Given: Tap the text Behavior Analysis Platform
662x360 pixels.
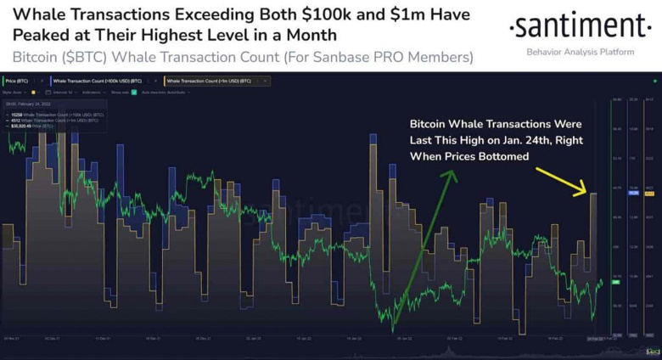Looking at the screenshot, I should coord(580,52).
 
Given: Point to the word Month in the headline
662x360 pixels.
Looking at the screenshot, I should coord(311,35).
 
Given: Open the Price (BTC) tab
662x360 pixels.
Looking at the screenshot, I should coord(17,81).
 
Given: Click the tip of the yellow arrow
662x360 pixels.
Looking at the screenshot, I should coord(585,189).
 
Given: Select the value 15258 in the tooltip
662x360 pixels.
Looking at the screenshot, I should coord(15,115).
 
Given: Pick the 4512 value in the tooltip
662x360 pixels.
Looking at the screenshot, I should coord(14,120).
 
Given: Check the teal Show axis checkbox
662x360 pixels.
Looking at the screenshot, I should coord(134,92).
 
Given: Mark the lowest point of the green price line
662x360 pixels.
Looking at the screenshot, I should coord(393,329).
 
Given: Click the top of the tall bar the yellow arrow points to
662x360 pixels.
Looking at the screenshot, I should coord(593,194).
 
